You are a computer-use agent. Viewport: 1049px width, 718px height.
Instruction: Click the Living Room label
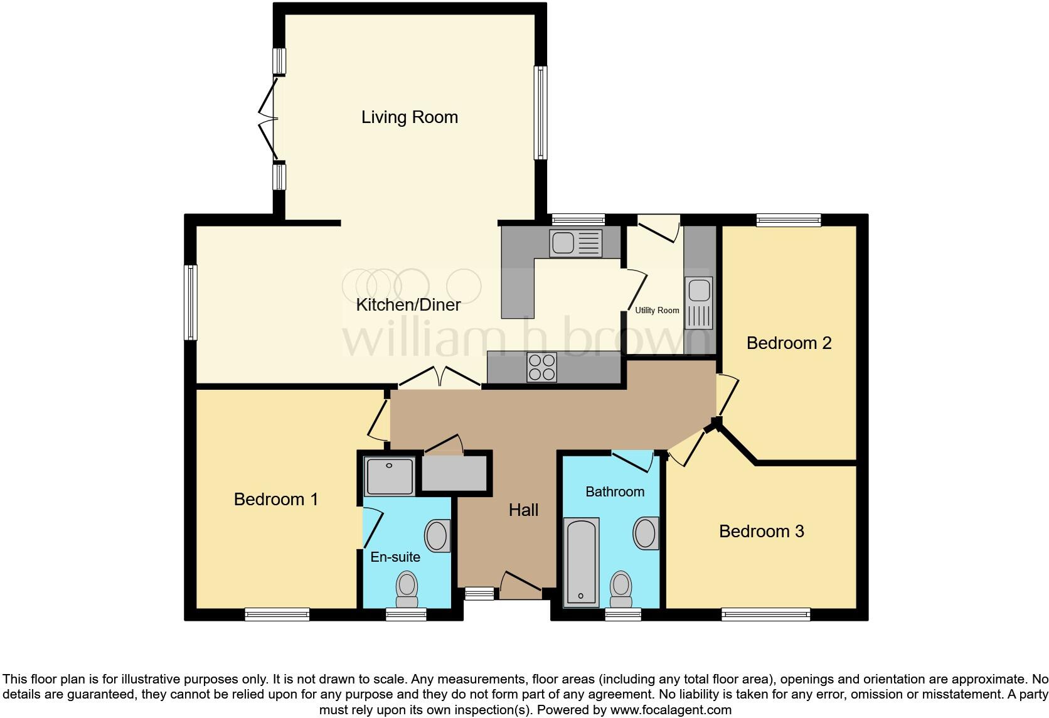coord(409,117)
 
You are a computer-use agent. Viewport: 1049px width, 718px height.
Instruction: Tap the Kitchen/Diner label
coord(408,305)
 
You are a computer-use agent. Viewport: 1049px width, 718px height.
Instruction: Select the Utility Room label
coord(657,310)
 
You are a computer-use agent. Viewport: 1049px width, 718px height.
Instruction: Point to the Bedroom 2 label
coord(789,343)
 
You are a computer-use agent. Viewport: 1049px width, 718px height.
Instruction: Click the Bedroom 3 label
coord(761,531)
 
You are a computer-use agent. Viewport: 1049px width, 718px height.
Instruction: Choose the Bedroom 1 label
coord(275,499)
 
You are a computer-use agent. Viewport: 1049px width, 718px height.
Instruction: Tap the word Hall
coord(523,510)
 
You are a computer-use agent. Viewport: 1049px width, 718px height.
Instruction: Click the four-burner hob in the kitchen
coord(542,367)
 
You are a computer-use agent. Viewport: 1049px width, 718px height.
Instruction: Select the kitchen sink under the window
coord(575,243)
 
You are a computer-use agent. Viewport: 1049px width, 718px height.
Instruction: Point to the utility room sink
coord(698,303)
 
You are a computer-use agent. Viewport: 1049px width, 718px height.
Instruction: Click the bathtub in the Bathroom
coord(582,561)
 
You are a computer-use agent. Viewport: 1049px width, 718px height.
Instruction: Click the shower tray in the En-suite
coord(390,476)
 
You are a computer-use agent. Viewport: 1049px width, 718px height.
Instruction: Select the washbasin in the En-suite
coord(437,536)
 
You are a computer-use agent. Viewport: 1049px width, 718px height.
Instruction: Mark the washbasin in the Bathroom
coord(646,533)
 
